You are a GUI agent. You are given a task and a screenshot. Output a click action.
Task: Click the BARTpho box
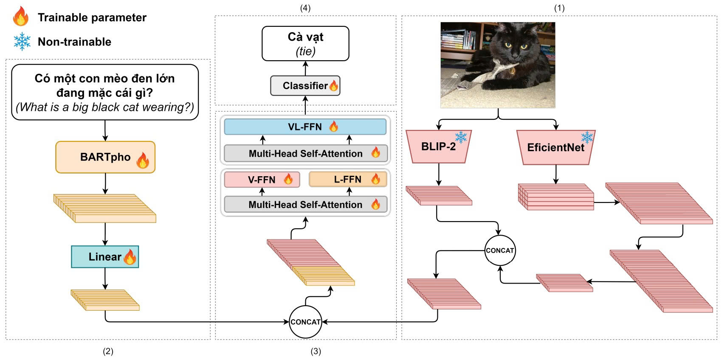click(105, 157)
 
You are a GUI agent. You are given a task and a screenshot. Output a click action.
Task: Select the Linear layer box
click(104, 257)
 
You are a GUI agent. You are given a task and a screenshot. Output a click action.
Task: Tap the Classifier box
click(305, 86)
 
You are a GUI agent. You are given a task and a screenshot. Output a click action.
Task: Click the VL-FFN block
click(305, 127)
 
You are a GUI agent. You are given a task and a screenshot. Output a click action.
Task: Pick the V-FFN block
click(262, 180)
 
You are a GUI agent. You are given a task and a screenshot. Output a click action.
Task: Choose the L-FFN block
click(347, 179)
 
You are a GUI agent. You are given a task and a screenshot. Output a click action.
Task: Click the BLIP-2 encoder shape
click(438, 147)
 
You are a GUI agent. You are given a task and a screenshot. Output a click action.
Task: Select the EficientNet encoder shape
click(555, 148)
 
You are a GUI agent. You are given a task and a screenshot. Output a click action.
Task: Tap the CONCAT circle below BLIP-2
click(500, 250)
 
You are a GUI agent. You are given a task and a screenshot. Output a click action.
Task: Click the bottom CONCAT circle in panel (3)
click(305, 322)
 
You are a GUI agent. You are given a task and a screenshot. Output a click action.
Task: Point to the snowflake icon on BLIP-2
click(461, 137)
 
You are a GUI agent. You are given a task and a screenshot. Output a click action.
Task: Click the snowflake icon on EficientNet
click(587, 137)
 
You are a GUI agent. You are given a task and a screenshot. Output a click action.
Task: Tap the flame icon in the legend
click(21, 17)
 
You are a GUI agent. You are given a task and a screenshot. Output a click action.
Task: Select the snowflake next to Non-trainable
click(22, 42)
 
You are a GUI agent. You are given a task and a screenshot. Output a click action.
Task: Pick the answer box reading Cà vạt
click(305, 43)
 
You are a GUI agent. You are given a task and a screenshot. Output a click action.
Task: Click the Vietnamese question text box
click(105, 92)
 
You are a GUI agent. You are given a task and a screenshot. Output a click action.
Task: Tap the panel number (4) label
click(305, 8)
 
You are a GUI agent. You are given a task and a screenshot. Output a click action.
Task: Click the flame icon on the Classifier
click(334, 86)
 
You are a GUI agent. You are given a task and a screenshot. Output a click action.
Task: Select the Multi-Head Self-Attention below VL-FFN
click(305, 154)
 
